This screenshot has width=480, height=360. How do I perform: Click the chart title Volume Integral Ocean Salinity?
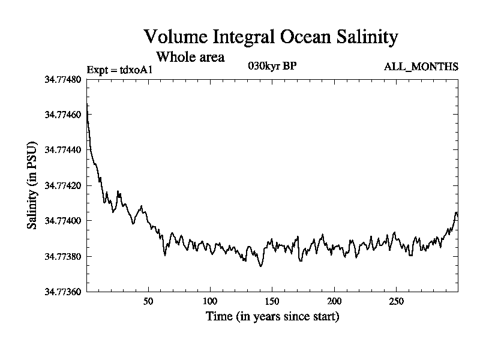click(x=271, y=37)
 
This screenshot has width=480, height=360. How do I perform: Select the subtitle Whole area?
click(x=190, y=57)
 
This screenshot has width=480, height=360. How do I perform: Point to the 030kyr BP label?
click(x=271, y=66)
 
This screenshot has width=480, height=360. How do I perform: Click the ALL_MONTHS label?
click(x=421, y=67)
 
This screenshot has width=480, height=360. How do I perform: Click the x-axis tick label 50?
click(x=148, y=301)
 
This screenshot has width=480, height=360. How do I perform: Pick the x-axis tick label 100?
click(x=210, y=301)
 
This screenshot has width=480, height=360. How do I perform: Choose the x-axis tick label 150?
click(x=272, y=301)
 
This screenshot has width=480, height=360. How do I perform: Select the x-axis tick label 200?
click(x=334, y=301)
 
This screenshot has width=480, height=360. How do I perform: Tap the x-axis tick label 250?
click(x=397, y=301)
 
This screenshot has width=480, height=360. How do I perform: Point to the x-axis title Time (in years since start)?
click(x=272, y=316)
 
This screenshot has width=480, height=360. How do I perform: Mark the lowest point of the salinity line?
click(x=260, y=266)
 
